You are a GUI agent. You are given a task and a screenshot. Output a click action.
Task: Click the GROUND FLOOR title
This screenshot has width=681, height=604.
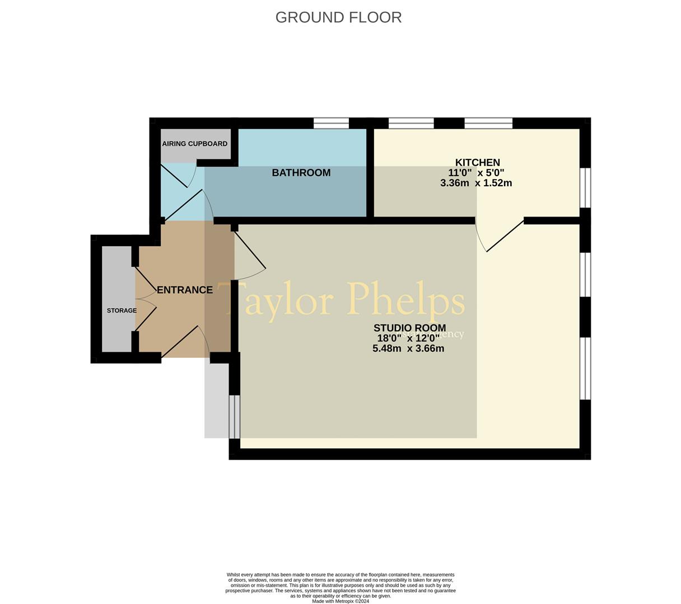[338, 17]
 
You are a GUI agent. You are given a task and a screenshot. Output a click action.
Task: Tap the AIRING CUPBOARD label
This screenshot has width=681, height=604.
[194, 144]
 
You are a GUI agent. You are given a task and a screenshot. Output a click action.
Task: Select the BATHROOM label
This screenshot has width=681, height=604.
[301, 173]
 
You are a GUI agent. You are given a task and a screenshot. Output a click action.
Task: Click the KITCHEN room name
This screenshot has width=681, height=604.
[477, 163]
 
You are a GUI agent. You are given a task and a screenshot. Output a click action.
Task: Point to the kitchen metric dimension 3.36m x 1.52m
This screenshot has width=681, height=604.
[476, 183]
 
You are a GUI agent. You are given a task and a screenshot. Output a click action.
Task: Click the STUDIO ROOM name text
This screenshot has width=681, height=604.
[409, 328]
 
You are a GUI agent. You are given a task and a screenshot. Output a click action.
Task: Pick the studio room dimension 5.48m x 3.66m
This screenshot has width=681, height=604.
[408, 348]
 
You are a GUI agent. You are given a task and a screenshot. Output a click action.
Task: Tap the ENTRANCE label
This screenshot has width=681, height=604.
[184, 290]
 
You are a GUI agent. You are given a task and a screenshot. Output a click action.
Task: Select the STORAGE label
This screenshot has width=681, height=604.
[122, 310]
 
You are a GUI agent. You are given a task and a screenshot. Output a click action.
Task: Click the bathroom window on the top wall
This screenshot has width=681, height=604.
[331, 123]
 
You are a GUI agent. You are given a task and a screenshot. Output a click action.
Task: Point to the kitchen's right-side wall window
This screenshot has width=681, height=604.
[585, 187]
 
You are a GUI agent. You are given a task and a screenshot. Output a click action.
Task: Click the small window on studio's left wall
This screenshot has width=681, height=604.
[235, 417]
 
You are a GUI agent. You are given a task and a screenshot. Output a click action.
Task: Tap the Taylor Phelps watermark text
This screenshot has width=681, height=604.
[341, 301]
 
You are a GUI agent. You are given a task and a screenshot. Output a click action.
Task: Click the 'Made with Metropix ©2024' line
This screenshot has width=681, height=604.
[340, 601]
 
